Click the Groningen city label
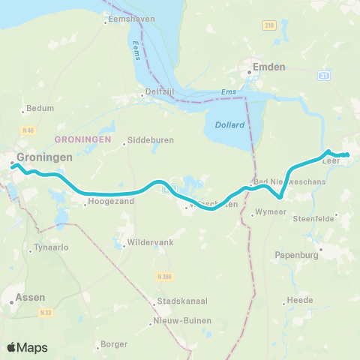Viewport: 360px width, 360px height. [x=44, y=157]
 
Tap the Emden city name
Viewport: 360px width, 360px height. [x=270, y=67]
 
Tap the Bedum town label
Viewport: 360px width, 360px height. [x=40, y=108]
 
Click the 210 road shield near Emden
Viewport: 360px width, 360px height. [x=269, y=26]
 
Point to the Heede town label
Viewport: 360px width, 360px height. [x=300, y=302]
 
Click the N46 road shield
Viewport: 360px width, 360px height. [x=29, y=131]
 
